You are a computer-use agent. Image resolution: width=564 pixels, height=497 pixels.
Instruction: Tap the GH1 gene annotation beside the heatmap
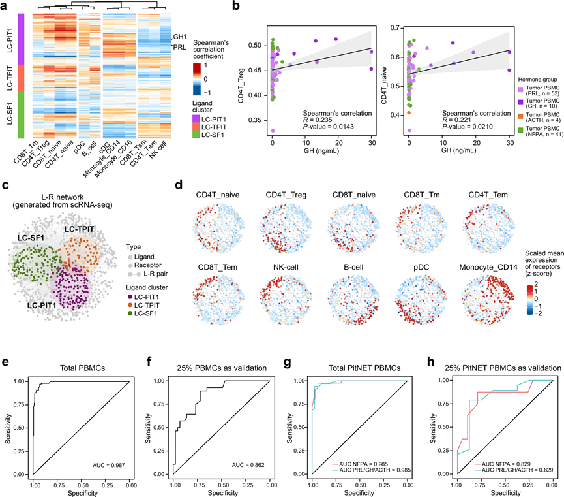(179, 37)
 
